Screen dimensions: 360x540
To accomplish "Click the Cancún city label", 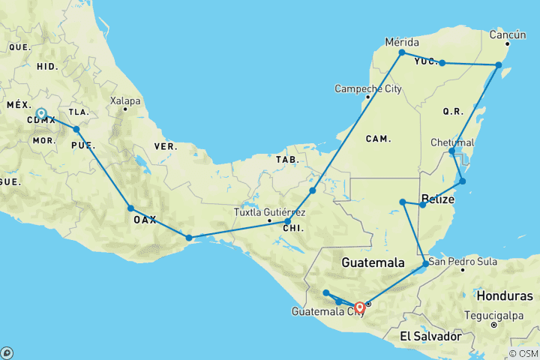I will pos(508,34).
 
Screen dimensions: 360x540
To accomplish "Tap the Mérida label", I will pos(401,41).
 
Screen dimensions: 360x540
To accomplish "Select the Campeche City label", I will pos(368,89).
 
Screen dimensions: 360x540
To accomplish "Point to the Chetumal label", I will pos(452,142).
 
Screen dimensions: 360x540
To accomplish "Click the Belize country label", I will pos(438,199).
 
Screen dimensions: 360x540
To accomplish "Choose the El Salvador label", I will pos(430,336).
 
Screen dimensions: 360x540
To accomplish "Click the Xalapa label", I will pos(124,100).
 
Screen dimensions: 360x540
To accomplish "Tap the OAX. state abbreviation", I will pos(145,220).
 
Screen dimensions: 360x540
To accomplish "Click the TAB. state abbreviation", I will pos(287,160).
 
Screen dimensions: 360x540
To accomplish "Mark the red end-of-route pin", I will pos(360,307).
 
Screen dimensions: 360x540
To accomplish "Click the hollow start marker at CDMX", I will pos(41,114).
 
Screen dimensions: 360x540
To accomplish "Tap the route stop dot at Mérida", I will pos(402,52).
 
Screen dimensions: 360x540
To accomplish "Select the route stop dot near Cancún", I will pos(499,65).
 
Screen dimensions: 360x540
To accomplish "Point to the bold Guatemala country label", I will pos(373,263).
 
